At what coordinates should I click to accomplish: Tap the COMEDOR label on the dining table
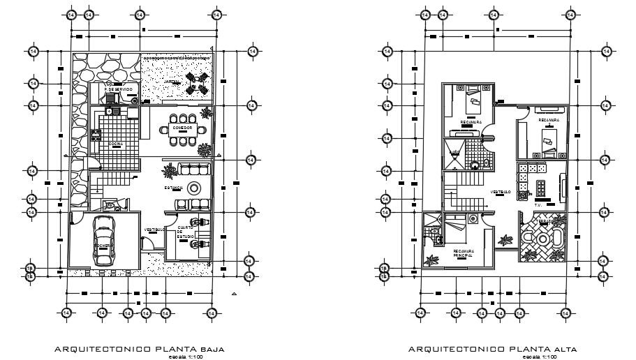tap(182, 128)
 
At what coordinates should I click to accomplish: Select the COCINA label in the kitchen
tap(115, 144)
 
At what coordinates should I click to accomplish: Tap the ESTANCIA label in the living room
tap(174, 188)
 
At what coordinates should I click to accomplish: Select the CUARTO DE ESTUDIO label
tap(185, 232)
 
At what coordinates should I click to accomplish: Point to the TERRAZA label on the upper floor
tap(545, 221)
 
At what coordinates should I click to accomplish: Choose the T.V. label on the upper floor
tap(538, 204)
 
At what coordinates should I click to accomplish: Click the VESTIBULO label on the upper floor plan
tap(499, 191)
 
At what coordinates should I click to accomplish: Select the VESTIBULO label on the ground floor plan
tap(154, 230)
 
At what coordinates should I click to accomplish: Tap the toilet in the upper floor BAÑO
tap(475, 165)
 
